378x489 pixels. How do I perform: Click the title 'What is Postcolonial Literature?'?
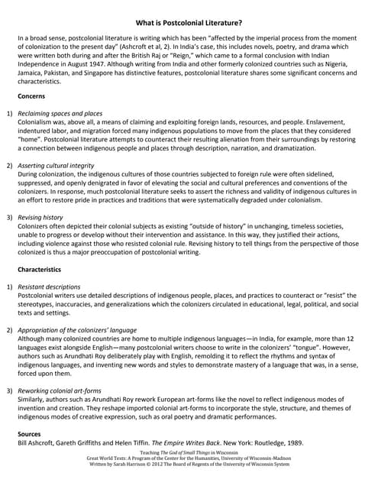point(189,23)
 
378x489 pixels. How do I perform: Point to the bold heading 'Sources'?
point(30,434)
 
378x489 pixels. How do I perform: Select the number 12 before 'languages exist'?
point(349,338)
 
